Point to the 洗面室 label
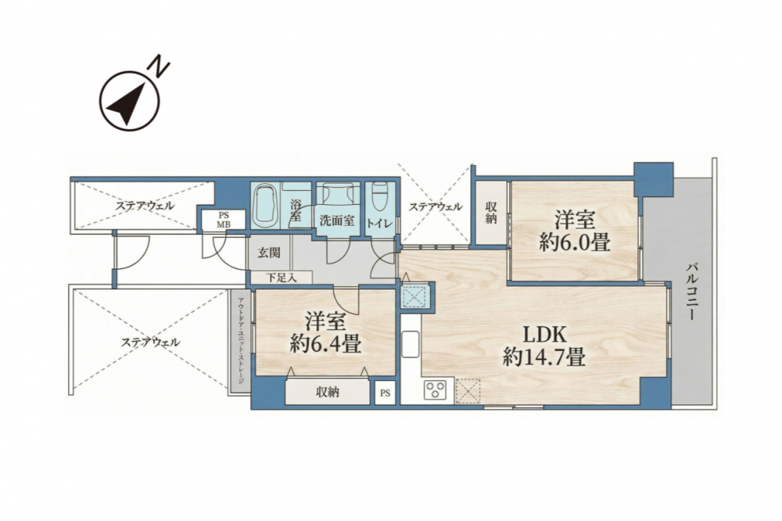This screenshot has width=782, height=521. (x=337, y=221)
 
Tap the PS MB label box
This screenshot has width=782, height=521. (x=224, y=220)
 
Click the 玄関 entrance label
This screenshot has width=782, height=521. (x=269, y=253)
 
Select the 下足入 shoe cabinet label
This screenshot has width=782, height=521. (x=282, y=278)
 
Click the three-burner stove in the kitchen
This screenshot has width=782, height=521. (x=435, y=390)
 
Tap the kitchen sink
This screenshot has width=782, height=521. (x=411, y=344)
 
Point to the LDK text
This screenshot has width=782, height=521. (x=544, y=334)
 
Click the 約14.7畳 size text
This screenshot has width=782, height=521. (x=544, y=358)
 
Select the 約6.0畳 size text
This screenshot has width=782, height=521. (x=575, y=243)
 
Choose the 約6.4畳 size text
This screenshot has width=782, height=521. (x=325, y=344)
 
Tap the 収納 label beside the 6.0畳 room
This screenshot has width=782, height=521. (x=491, y=213)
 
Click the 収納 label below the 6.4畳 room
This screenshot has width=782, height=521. (x=328, y=393)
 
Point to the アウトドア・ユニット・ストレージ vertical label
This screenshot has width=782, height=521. (x=241, y=340)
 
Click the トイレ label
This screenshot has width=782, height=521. (x=382, y=223)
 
